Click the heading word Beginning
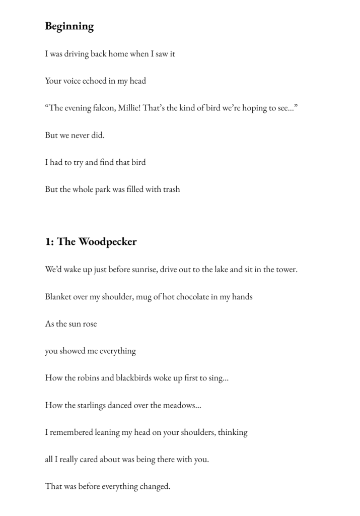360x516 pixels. [69, 26]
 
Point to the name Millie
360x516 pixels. [129, 108]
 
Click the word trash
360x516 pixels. [171, 189]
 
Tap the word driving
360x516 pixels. [76, 54]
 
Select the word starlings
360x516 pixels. [92, 405]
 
